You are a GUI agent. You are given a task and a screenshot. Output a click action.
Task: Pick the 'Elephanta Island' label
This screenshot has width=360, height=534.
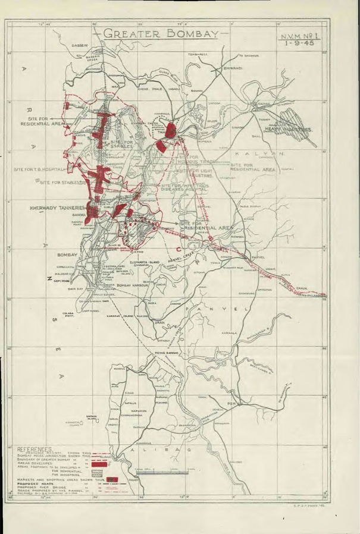click(143, 260)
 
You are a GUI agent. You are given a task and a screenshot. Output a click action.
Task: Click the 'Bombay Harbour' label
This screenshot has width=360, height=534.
click(136, 286)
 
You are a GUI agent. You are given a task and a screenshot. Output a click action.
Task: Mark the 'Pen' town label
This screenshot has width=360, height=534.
click(233, 403)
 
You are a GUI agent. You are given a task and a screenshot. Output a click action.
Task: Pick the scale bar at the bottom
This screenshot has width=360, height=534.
click(167, 474)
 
